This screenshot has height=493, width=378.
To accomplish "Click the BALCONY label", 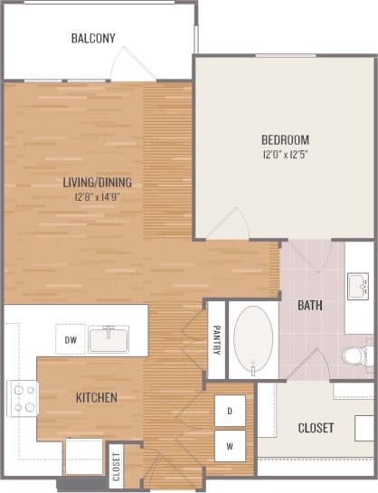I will [x=93, y=38].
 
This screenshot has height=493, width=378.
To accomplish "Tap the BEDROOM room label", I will [x=285, y=139].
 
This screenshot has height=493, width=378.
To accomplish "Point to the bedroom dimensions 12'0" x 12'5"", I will [x=285, y=155].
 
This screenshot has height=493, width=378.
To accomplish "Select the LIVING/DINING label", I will [x=97, y=182].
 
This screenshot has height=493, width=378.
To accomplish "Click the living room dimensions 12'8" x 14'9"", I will [x=97, y=196].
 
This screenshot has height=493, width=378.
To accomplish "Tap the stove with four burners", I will [x=24, y=398].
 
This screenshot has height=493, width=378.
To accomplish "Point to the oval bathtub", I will [x=253, y=340].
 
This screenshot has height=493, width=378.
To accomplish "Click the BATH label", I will [x=310, y=305].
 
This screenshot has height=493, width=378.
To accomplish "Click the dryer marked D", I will [x=230, y=412].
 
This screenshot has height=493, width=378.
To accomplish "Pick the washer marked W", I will [x=230, y=445].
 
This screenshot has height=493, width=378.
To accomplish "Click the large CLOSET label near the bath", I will [x=316, y=427].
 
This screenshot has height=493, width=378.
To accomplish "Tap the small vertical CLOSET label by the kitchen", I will [x=117, y=466].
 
